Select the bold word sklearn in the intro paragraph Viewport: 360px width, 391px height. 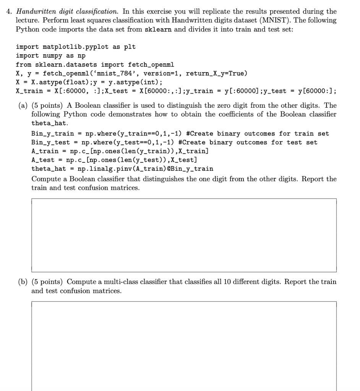[x=159, y=29]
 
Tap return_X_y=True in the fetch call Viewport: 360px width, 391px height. [x=216, y=73]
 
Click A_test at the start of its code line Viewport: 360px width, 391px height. [x=43, y=160]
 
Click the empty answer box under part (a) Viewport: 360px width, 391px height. [x=184, y=235]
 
